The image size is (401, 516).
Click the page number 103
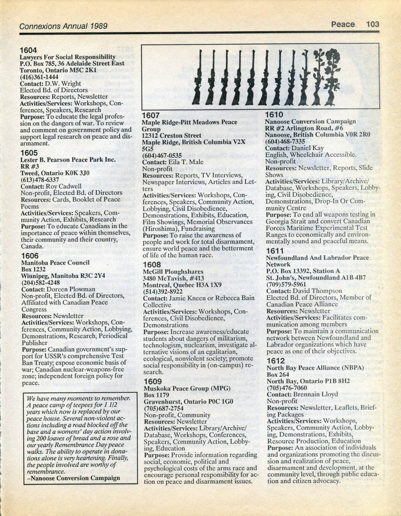coord(372,24)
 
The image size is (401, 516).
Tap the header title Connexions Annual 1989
coord(63,26)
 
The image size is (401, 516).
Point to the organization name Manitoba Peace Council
coord(55,263)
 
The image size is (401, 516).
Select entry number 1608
coord(152,265)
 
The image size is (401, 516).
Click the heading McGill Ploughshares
coord(173,272)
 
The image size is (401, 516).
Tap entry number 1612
coord(275,361)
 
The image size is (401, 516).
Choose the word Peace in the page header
coord(343,24)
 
